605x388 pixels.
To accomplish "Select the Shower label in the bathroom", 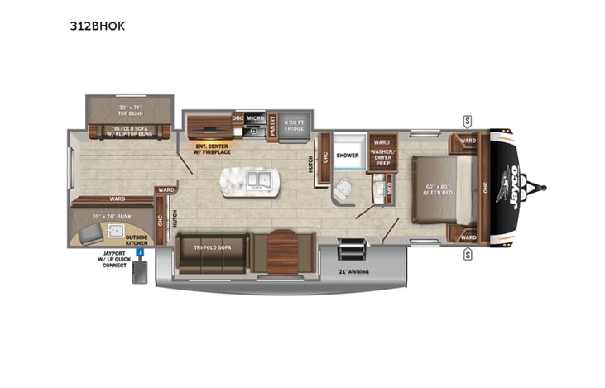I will point(348,155).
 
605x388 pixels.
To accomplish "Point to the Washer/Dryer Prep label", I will point(382,157).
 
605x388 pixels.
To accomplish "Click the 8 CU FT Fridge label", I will point(295,126).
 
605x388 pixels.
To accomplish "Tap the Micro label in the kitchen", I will point(255,118).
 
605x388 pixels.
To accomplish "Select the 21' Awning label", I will point(353,271).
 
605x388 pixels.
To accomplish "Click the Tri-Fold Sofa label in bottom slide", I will point(212,247).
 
